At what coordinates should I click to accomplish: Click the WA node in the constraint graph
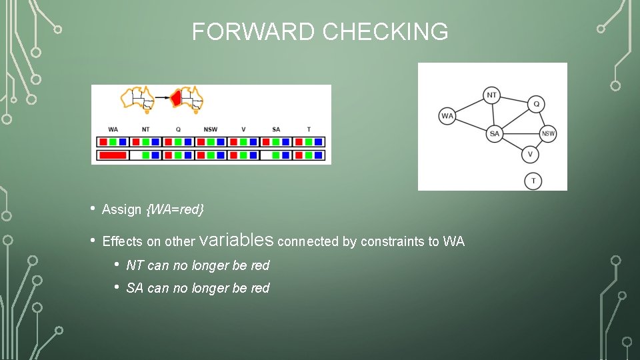(447, 116)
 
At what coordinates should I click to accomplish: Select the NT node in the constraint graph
(491, 95)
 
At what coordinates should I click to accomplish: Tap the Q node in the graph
(536, 104)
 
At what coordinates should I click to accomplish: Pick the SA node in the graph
(494, 134)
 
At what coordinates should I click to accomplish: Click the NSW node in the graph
(548, 134)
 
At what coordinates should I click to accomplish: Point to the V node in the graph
(530, 155)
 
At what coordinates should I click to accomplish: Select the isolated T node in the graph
(533, 181)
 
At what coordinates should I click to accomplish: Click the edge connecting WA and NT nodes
(469, 105)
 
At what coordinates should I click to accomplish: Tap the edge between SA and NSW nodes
(521, 134)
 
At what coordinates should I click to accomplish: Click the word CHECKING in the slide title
(387, 31)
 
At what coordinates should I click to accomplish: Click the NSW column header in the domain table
(211, 129)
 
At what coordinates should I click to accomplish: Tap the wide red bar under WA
(112, 155)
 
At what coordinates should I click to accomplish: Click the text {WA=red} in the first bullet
(175, 209)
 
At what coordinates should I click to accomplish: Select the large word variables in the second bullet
(237, 239)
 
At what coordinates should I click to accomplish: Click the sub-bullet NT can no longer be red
(197, 265)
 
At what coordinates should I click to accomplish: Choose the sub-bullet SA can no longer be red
(197, 288)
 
